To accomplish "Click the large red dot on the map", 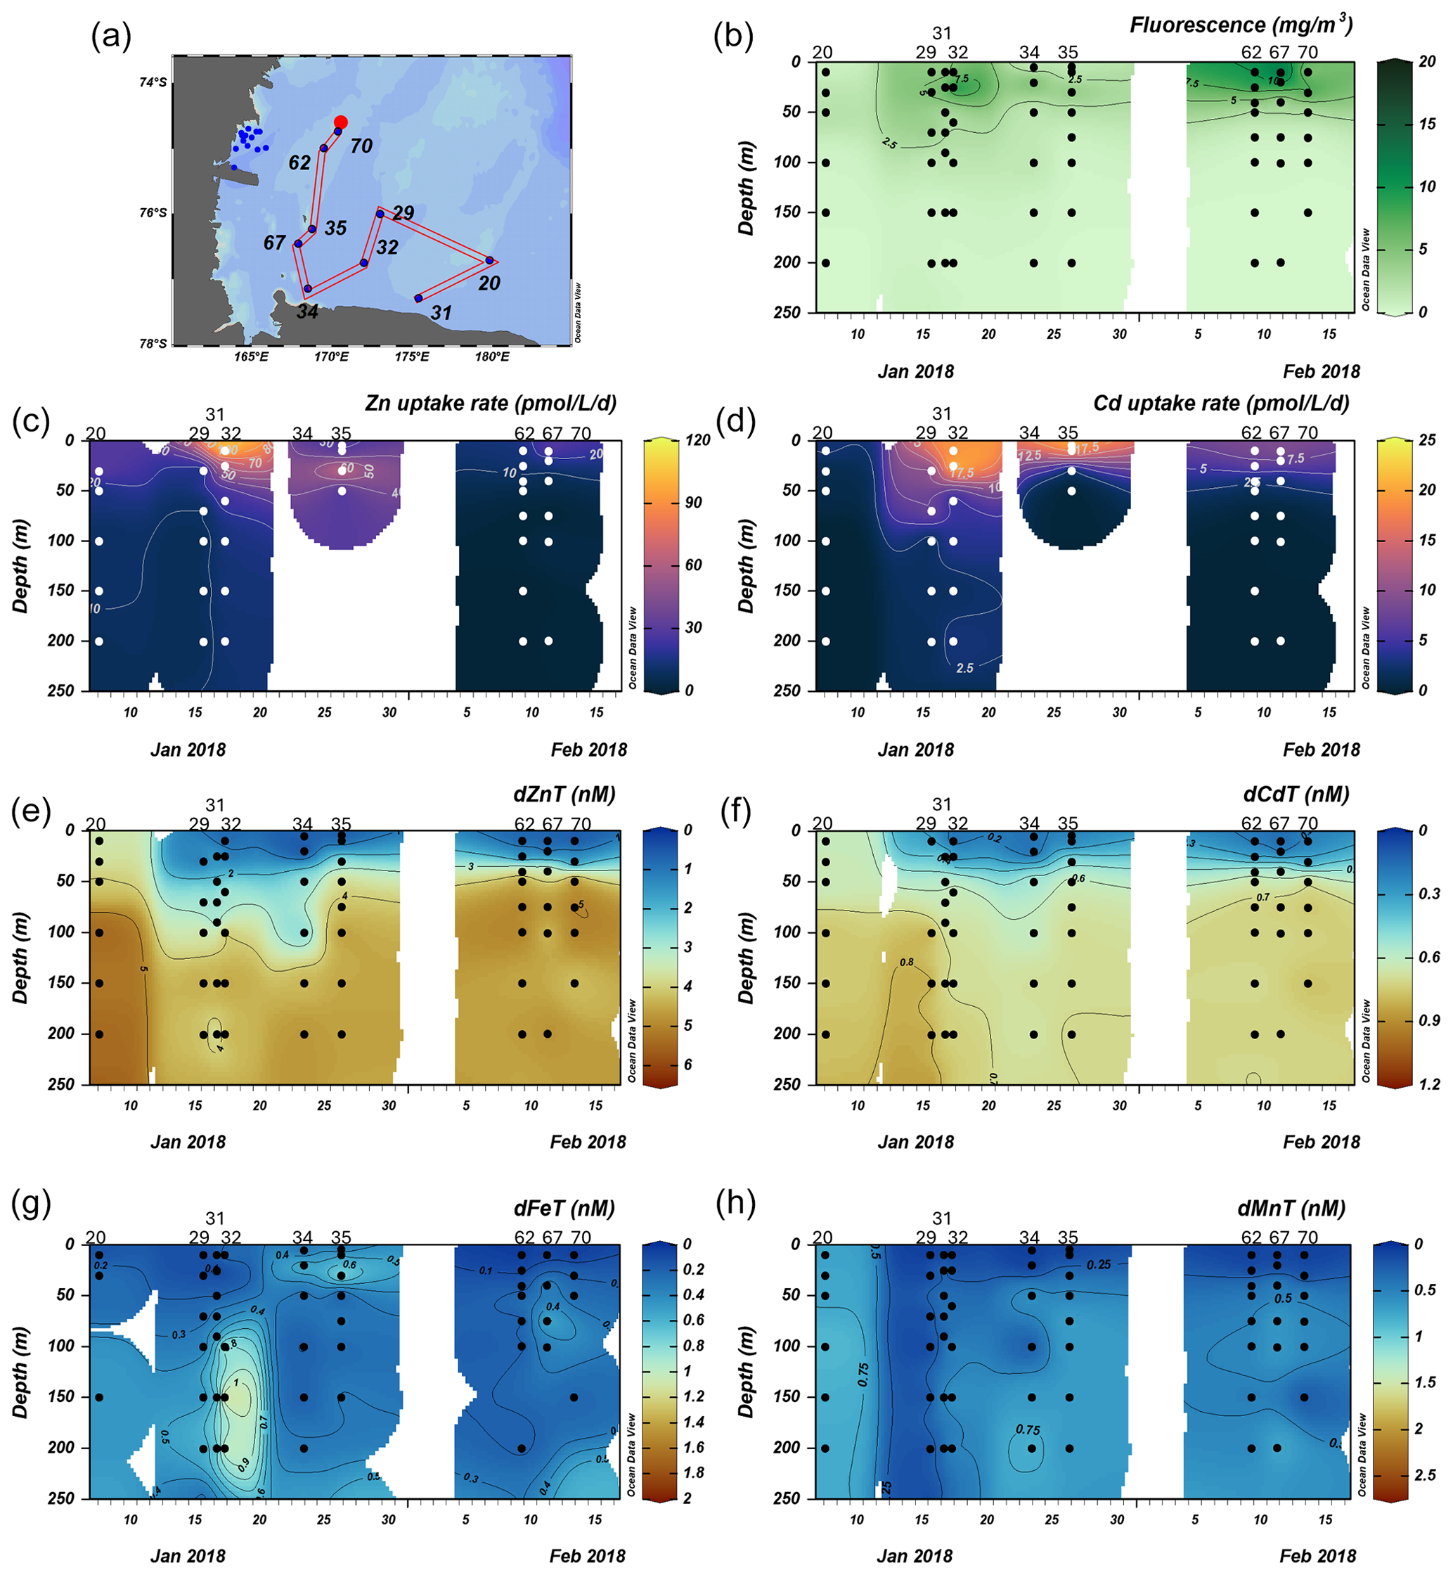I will (x=340, y=122).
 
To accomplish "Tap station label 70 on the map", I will (x=361, y=146).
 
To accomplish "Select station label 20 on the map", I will (x=489, y=283).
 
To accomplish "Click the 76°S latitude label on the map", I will (x=153, y=213).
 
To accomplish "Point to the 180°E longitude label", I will (x=491, y=357).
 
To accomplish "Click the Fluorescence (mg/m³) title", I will (x=1241, y=25).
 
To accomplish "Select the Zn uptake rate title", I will (x=491, y=404).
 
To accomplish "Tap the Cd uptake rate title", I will (x=1221, y=404).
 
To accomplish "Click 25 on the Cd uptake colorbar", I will (x=1426, y=440).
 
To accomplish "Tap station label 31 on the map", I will (x=441, y=313).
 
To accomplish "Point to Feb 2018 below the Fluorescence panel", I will (x=1321, y=372).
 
